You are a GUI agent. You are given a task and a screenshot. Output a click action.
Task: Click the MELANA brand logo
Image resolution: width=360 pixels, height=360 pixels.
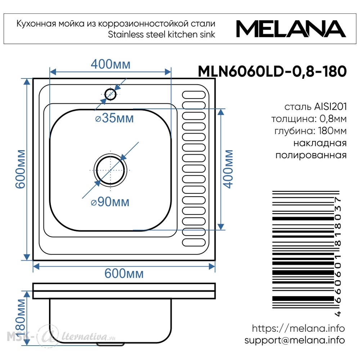pos(291,29)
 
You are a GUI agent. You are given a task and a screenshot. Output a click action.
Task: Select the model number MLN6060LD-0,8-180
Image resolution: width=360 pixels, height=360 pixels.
pos(272,71)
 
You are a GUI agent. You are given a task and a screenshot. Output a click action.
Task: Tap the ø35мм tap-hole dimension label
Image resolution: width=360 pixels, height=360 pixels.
pos(114,118)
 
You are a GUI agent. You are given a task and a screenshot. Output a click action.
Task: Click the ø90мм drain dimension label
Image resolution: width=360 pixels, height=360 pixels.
pos(110,202)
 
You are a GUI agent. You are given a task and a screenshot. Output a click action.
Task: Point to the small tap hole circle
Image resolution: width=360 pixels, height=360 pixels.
pos(111,94)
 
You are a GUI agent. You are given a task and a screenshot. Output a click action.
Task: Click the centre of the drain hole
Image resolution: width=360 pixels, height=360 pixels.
pos(111,170)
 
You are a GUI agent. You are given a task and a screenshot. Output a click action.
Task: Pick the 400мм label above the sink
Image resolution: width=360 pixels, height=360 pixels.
pos(111,64)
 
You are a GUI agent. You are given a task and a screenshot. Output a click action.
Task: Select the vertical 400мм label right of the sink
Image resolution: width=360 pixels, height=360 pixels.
pos(228,169)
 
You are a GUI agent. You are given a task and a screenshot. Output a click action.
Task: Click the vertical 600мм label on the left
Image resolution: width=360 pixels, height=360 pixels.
pos(20,169)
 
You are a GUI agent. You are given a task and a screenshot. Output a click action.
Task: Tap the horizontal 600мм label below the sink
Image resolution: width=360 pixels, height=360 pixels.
pos(124,274)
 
